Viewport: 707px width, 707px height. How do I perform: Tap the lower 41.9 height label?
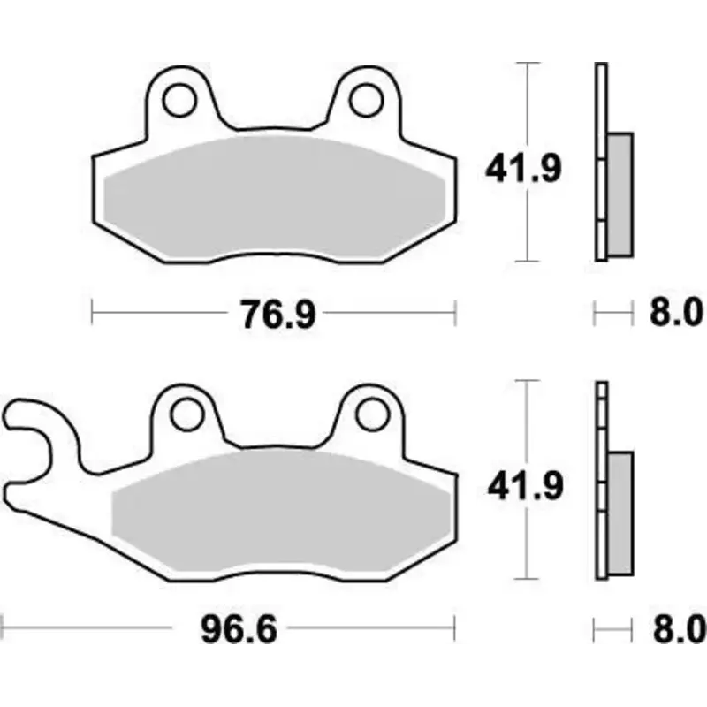click(521, 485)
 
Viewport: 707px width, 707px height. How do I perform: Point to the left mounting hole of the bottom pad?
click(186, 414)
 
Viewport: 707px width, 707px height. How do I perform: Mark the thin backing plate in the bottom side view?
click(603, 495)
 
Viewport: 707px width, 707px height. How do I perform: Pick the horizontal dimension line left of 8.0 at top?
click(614, 311)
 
